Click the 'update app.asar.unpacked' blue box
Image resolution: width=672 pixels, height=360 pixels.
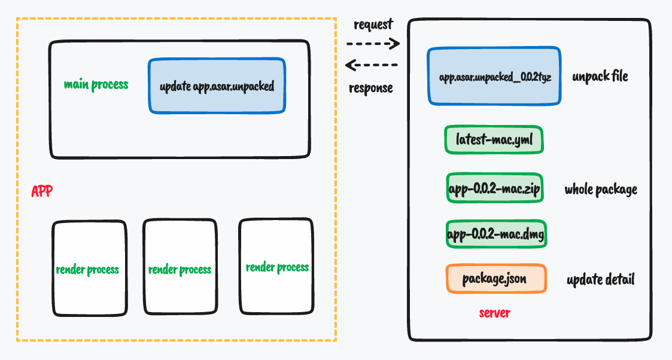[x=217, y=86]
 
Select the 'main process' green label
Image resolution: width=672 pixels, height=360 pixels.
[x=96, y=84]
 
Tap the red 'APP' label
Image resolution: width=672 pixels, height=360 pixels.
[x=42, y=191]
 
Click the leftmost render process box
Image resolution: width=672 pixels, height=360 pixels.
[x=89, y=269]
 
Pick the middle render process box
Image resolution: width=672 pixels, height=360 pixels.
[x=180, y=267]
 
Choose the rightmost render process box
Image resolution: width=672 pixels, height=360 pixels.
[x=276, y=266]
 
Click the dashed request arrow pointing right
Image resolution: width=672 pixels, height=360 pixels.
[x=372, y=43]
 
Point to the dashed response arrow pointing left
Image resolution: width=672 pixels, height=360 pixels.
[x=372, y=65]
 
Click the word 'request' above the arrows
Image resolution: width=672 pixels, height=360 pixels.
[x=373, y=25]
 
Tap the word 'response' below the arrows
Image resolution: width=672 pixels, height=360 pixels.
[x=371, y=88]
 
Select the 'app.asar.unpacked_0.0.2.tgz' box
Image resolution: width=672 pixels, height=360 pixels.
[x=494, y=77]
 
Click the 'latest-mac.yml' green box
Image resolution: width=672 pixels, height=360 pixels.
[x=494, y=141]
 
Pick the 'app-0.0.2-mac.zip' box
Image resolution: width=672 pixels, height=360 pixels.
[x=494, y=190]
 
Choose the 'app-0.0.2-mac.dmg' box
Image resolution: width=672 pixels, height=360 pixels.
[x=496, y=234]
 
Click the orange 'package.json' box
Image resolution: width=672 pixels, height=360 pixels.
[x=496, y=279]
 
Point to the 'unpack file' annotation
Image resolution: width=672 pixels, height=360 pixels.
[x=600, y=77]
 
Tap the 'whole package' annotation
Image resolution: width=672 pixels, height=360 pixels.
[x=601, y=190]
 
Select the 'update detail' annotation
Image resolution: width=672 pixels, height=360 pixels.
[x=600, y=279]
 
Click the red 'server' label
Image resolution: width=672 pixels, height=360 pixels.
[x=494, y=313]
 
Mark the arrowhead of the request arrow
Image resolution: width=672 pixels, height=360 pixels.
[x=395, y=43]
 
